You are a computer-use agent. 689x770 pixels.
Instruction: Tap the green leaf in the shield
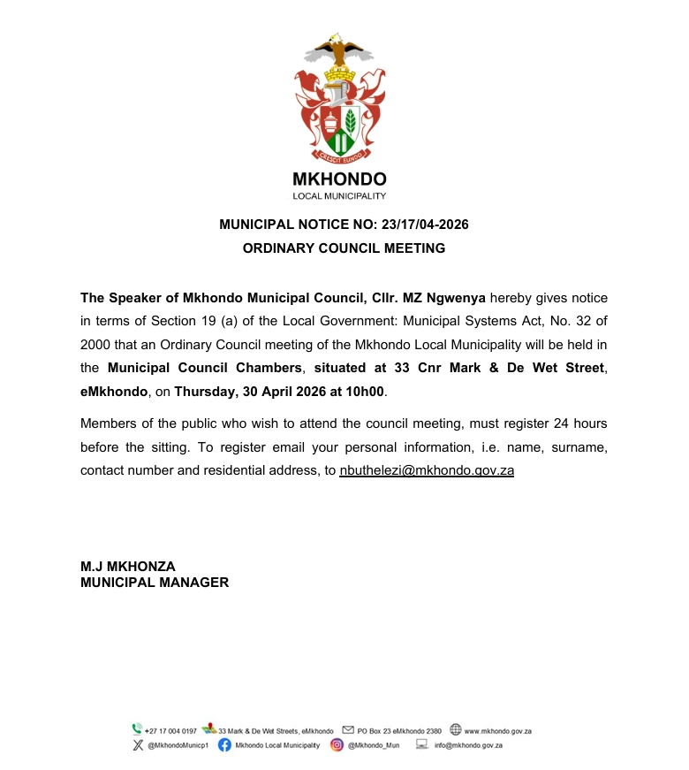pos(351,120)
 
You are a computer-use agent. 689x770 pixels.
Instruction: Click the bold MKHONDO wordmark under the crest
pos(340,179)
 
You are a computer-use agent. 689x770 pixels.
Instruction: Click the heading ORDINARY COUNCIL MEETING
pos(344,248)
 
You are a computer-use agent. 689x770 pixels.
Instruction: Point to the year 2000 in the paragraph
pos(97,344)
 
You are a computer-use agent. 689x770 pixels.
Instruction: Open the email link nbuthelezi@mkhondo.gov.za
pos(426,470)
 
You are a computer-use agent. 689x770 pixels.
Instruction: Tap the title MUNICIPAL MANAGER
pos(155,583)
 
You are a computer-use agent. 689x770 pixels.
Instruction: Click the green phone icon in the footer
pos(137,730)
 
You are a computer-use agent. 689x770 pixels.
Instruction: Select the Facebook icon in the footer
pos(224,745)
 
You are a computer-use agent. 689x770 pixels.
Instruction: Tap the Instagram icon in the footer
pos(337,745)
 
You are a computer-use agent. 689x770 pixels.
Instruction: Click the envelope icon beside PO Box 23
pos(348,730)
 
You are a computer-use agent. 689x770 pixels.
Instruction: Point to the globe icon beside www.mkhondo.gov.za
pos(455,730)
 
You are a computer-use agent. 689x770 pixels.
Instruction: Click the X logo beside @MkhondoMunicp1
pos(137,745)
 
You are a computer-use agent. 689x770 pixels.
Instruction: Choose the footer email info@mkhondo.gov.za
pos(468,745)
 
